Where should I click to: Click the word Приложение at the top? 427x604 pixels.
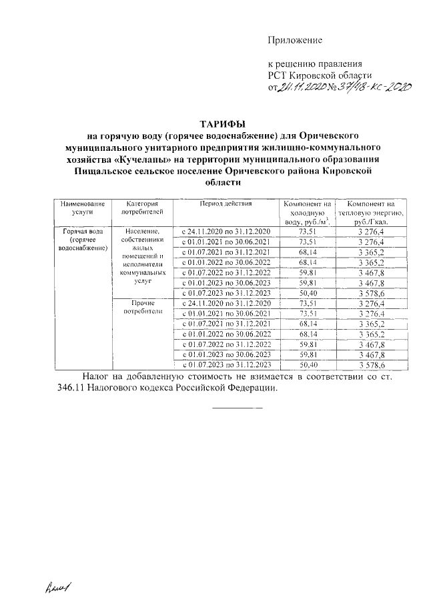pos(295,40)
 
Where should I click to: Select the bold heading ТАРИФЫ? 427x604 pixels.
pos(223,123)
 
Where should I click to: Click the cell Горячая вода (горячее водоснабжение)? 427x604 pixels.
pos(81,239)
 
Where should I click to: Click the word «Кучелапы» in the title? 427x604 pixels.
pos(148,160)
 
